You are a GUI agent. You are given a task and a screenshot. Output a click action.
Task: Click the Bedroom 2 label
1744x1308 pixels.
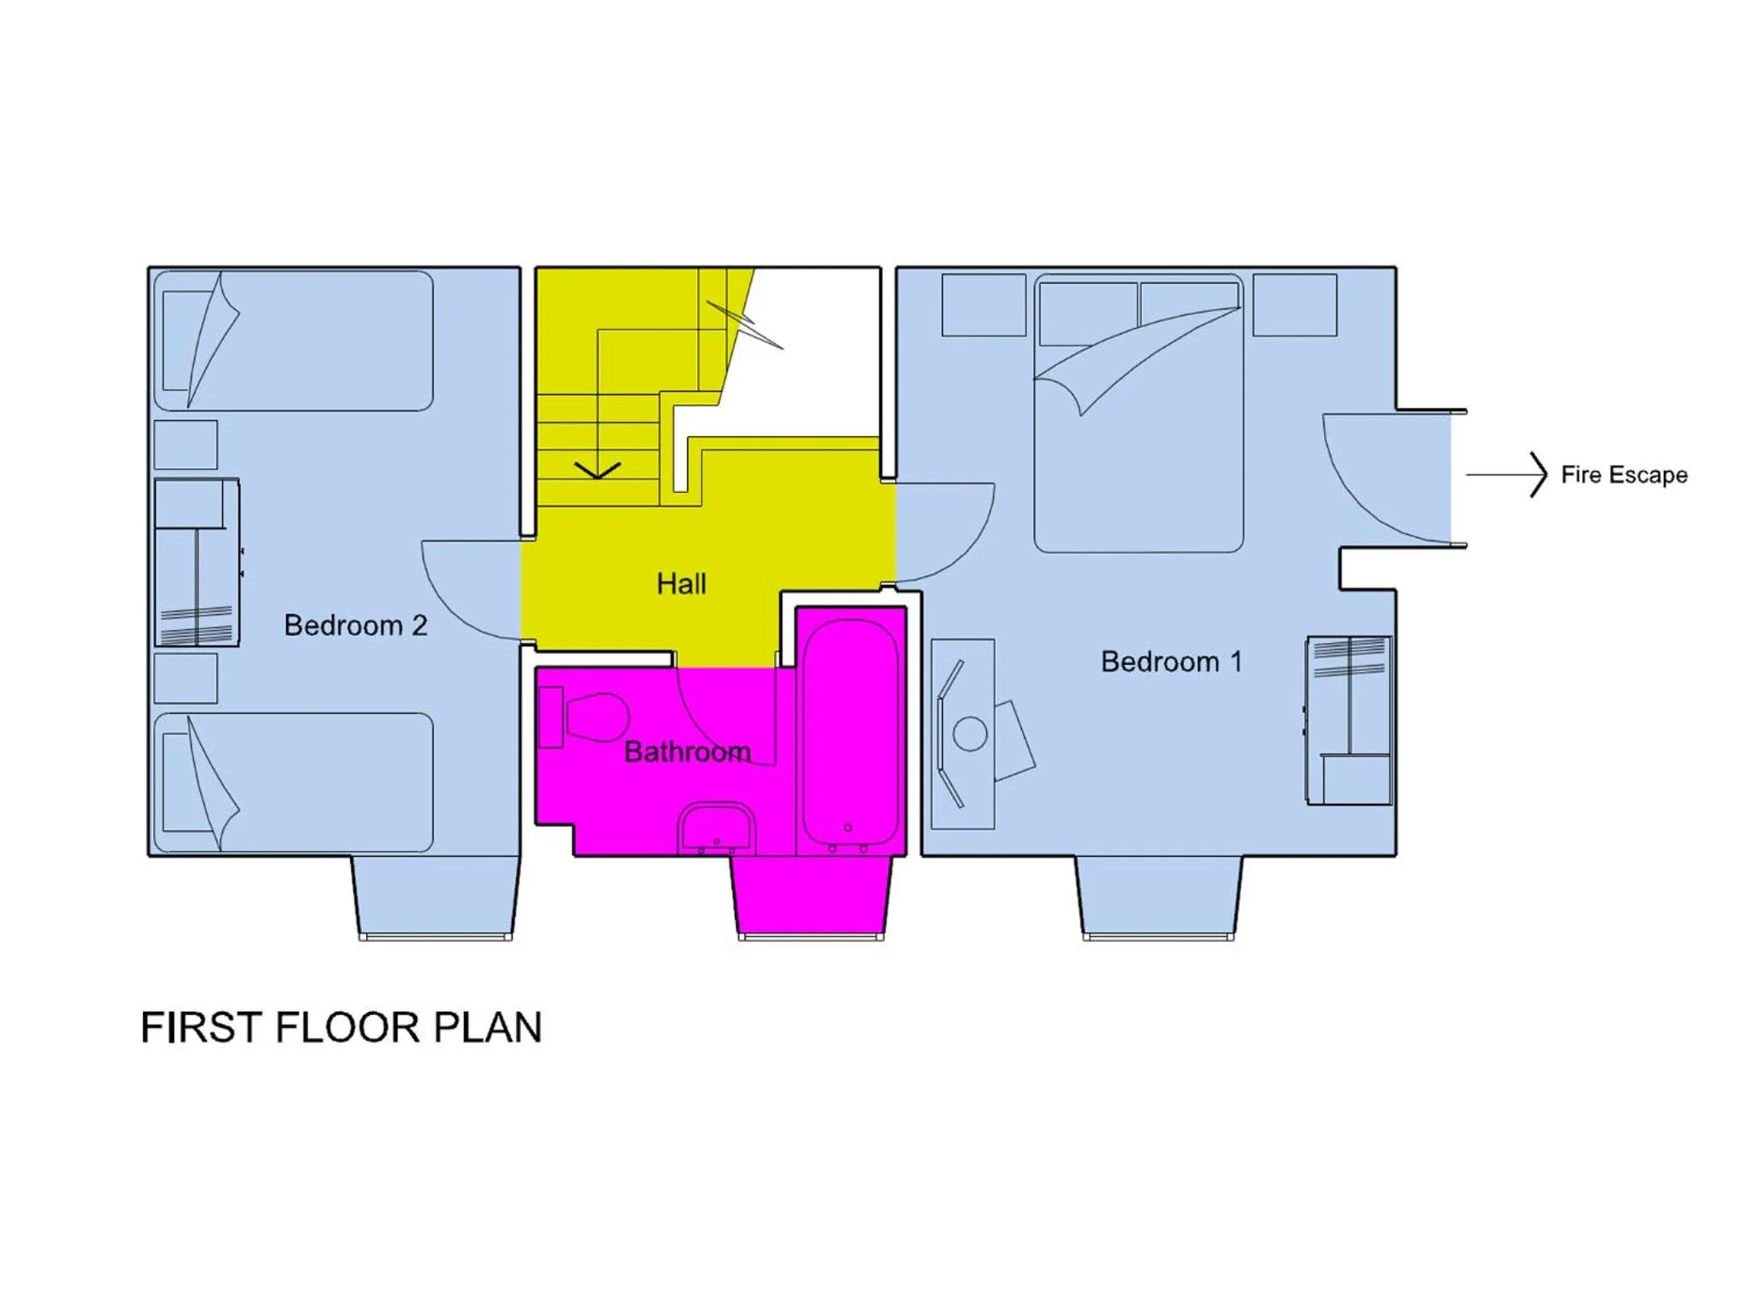pyautogui.click(x=355, y=625)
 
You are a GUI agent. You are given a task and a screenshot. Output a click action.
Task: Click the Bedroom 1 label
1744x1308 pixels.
pyautogui.click(x=1171, y=662)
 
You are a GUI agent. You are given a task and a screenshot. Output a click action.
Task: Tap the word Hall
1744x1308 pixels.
pyautogui.click(x=681, y=584)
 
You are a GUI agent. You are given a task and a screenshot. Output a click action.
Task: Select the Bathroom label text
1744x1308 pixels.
pyautogui.click(x=687, y=752)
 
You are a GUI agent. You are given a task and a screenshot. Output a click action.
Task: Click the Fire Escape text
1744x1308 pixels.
pyautogui.click(x=1624, y=475)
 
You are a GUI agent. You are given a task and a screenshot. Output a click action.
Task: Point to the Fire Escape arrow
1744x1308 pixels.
pyautogui.click(x=1506, y=474)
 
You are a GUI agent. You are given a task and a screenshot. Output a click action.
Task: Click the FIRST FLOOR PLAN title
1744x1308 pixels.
pyautogui.click(x=341, y=1028)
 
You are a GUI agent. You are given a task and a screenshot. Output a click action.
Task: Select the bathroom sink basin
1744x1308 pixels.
pyautogui.click(x=716, y=827)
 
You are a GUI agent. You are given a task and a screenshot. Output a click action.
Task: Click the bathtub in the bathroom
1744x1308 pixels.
pyautogui.click(x=851, y=732)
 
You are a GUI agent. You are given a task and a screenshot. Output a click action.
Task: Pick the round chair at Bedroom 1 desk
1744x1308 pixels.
pyautogui.click(x=970, y=733)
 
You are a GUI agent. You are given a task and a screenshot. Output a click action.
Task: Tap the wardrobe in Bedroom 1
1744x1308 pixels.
pyautogui.click(x=1349, y=720)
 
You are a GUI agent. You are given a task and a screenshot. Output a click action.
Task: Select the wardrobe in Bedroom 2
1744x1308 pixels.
pyautogui.click(x=197, y=563)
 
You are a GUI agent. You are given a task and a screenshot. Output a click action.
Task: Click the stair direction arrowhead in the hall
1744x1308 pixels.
pyautogui.click(x=598, y=470)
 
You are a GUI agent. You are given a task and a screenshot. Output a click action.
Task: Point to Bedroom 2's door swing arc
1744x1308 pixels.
pyautogui.click(x=460, y=596)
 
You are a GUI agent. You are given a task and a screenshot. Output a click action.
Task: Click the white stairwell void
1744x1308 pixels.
pyautogui.click(x=817, y=358)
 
